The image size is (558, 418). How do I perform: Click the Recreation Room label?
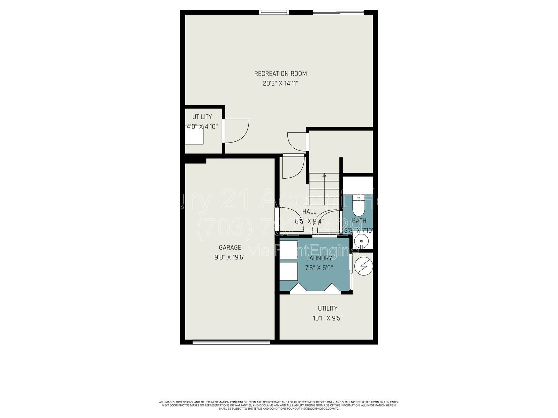coord(280,73)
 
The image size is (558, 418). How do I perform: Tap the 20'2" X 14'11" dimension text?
coord(280,84)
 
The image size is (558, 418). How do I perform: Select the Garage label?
coord(230,248)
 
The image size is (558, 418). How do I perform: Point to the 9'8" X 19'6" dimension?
coord(230,257)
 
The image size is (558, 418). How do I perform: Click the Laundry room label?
coord(319,258)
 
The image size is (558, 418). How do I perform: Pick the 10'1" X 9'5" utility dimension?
coord(327,318)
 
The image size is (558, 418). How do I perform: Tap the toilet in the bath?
coord(358,207)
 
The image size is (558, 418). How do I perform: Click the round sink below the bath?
coord(361,241)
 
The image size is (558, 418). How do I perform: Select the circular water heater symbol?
coord(363,267)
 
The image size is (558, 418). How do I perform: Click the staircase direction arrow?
coord(324,176)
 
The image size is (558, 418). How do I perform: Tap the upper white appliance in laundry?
coord(288,249)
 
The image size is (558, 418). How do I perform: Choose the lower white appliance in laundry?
coord(288,271)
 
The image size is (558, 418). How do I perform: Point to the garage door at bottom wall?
coord(231,342)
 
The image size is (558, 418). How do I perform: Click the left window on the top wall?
coord(274,13)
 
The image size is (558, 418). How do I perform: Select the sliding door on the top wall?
coord(338,13)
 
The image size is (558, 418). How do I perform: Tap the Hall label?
coord(309,212)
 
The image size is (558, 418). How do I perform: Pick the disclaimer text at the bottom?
coord(279,405)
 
